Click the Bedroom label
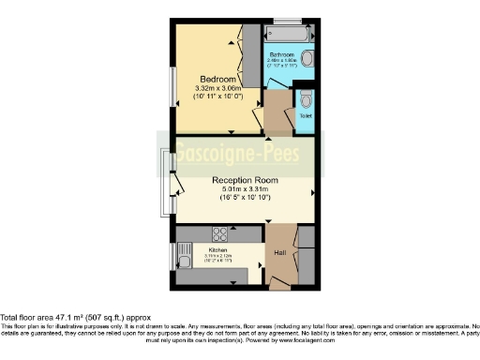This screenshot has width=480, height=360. (216, 78)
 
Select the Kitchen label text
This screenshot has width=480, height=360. (217, 250)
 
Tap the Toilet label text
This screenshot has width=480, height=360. (305, 116)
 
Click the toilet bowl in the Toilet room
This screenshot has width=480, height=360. (306, 99)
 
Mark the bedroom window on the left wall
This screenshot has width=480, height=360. (172, 86)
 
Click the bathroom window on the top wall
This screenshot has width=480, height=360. (289, 21)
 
